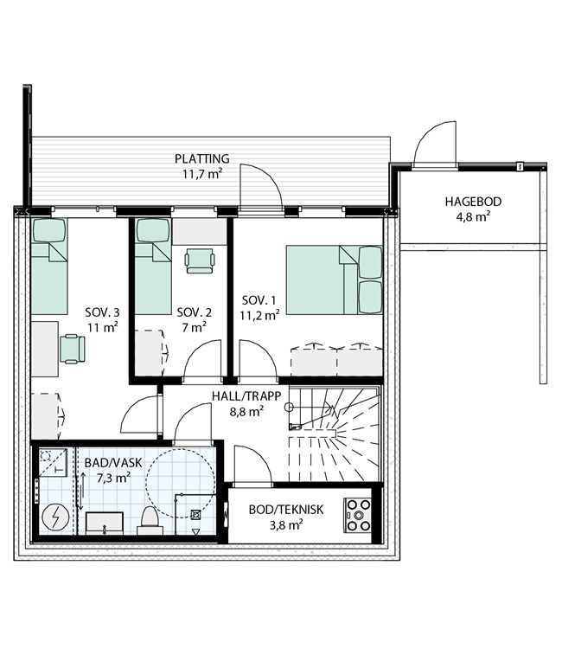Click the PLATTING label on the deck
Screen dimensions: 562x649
click(201, 158)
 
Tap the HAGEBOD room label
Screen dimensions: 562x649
click(473, 202)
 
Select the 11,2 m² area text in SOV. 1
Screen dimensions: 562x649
click(259, 315)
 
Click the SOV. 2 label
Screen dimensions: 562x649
click(194, 312)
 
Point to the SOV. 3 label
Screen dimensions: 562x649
click(102, 312)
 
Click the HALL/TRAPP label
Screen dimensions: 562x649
click(246, 396)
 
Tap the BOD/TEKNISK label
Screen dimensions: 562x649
click(286, 510)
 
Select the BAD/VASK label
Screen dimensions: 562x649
click(113, 463)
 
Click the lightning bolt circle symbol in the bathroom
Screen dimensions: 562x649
click(55, 517)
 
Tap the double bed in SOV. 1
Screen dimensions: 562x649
click(334, 280)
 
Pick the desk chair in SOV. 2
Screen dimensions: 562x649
click(200, 260)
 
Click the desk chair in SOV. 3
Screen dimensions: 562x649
click(73, 350)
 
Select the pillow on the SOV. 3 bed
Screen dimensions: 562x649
click(49, 230)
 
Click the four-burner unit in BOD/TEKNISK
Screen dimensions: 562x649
click(358, 516)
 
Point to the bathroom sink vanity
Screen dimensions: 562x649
click(105, 524)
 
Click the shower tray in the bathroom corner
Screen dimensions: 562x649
click(53, 461)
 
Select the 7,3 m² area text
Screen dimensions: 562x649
click(114, 478)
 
